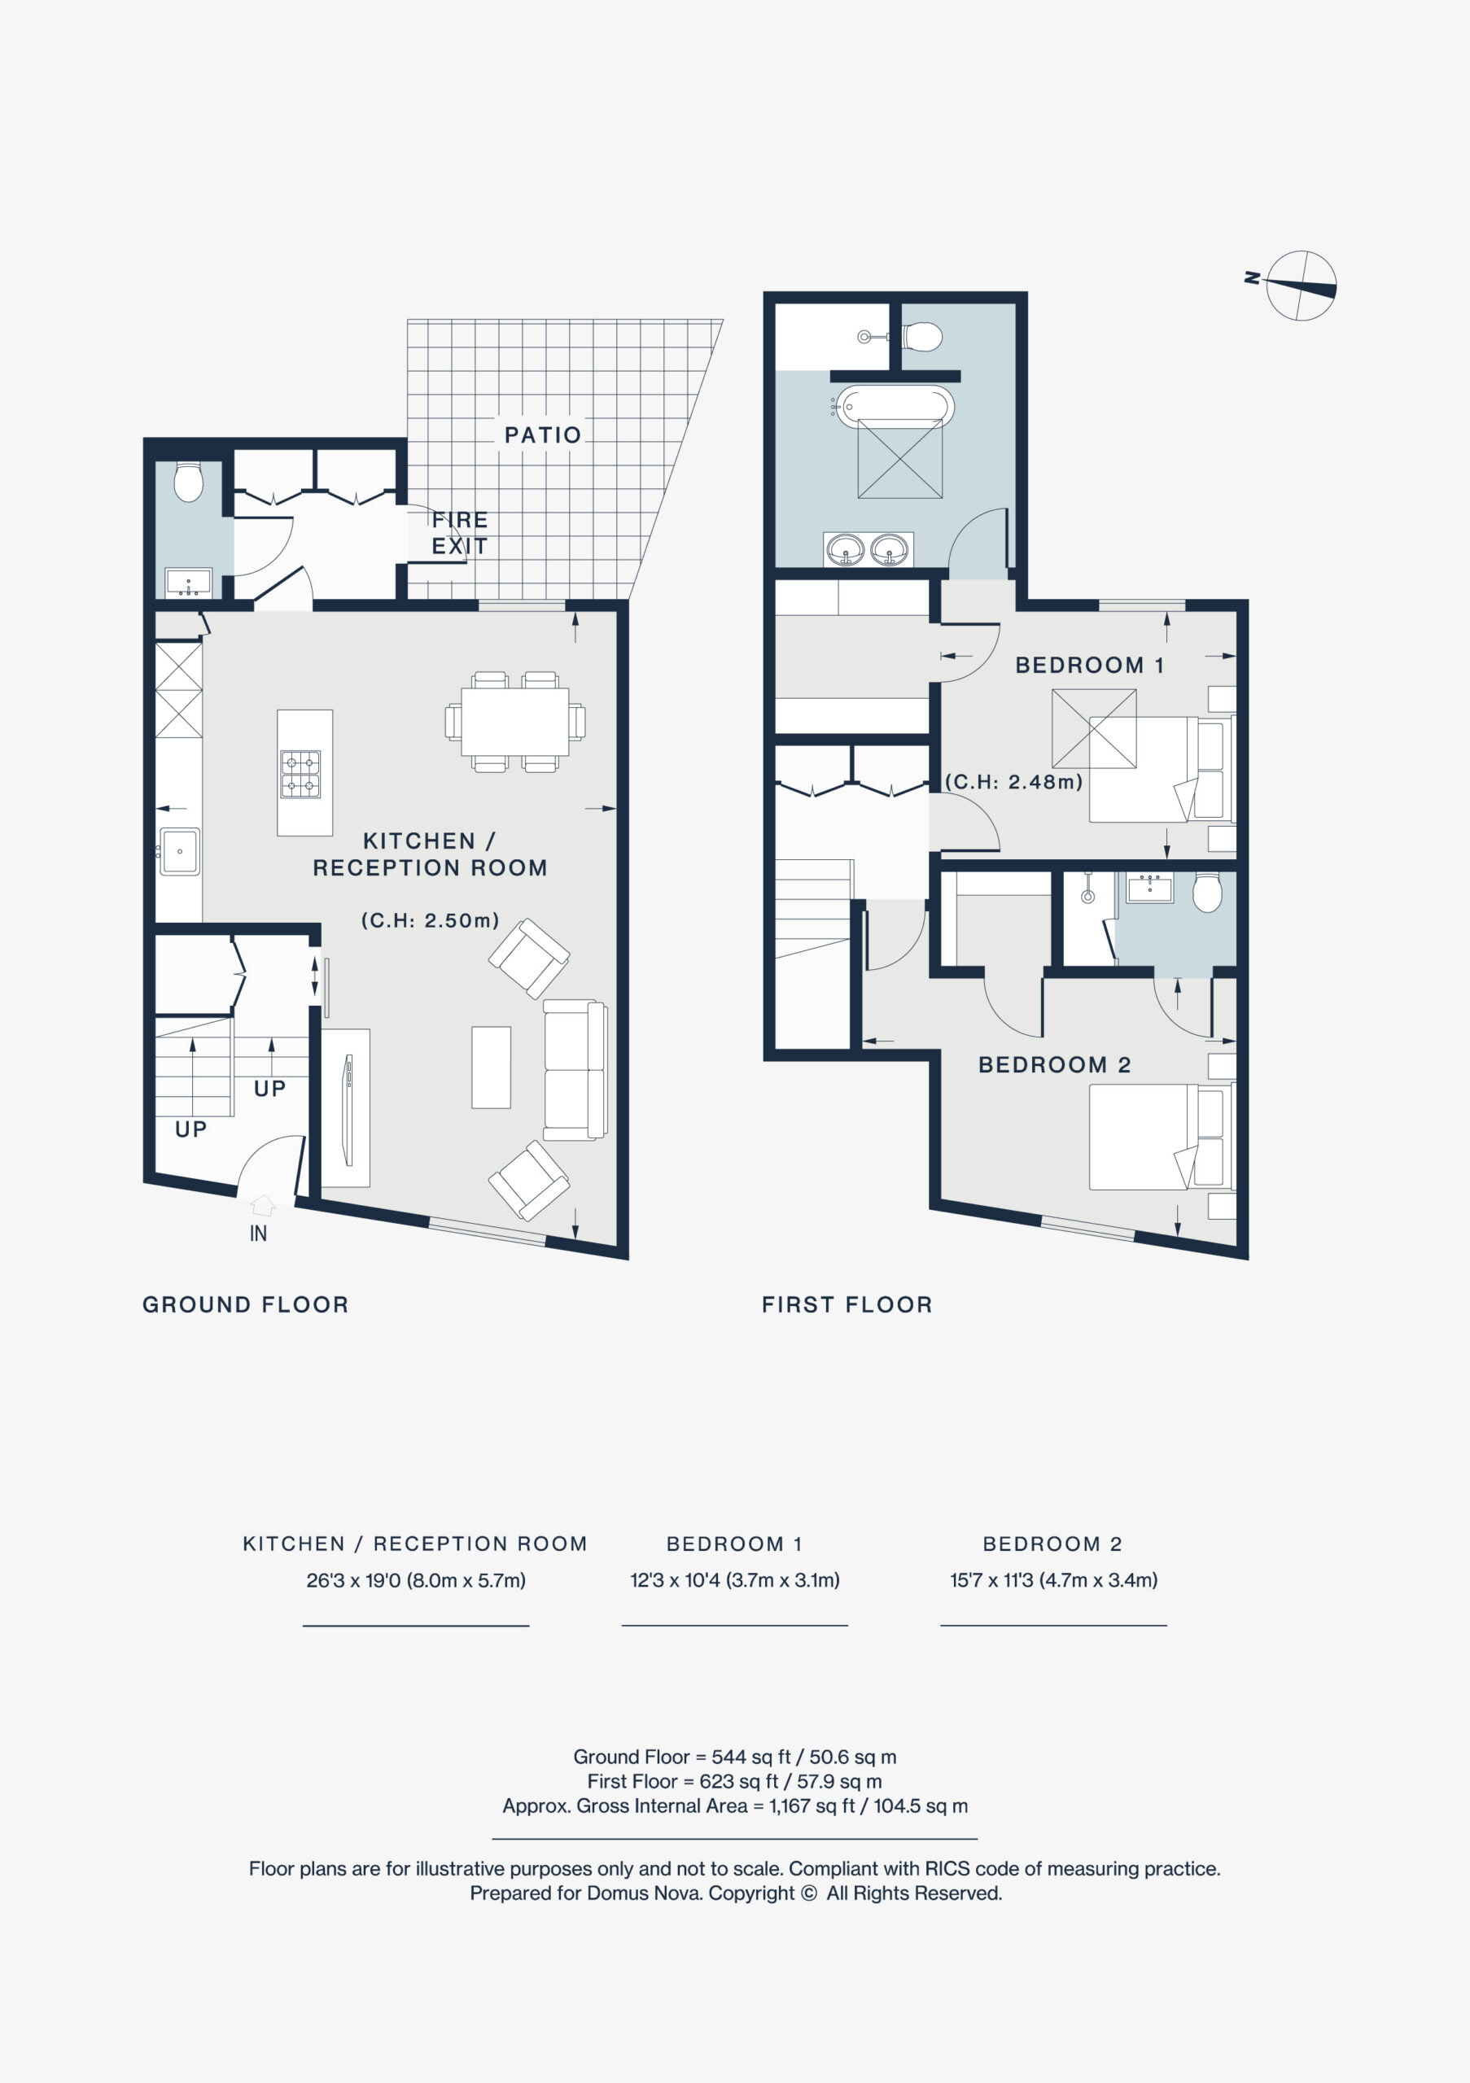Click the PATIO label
click(543, 435)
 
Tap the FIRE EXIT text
click(460, 532)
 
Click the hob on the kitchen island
click(300, 774)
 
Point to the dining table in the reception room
click(514, 721)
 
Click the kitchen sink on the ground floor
click(180, 851)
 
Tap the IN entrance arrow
click(262, 1206)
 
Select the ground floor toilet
click(189, 482)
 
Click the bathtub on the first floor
click(894, 407)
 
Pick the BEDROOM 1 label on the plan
click(1089, 665)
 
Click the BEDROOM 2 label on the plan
click(1054, 1064)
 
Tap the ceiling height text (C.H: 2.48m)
click(1013, 781)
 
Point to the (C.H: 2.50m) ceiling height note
click(430, 920)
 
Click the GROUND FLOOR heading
click(246, 1304)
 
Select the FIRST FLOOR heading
click(847, 1304)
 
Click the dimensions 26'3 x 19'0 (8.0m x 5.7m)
click(416, 1579)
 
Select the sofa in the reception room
click(575, 1071)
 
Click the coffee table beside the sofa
click(491, 1067)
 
